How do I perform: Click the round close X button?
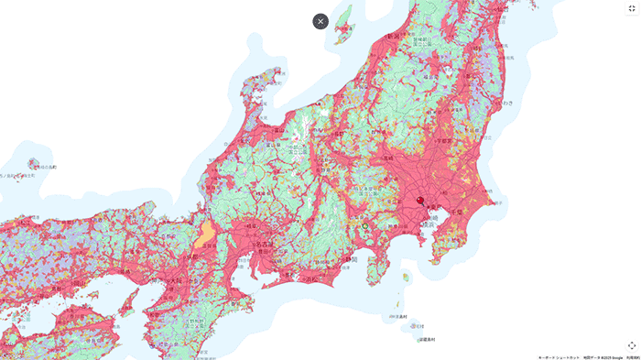pos(320,21)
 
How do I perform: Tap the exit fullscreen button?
pos(631,8)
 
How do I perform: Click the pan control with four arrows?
pos(631,344)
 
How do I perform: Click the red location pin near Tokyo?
pos(420,200)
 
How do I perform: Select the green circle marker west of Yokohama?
pos(364,224)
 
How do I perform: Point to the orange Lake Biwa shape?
pos(206,235)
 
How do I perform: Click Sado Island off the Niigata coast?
pos(344,24)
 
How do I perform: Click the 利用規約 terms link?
pos(632,357)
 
